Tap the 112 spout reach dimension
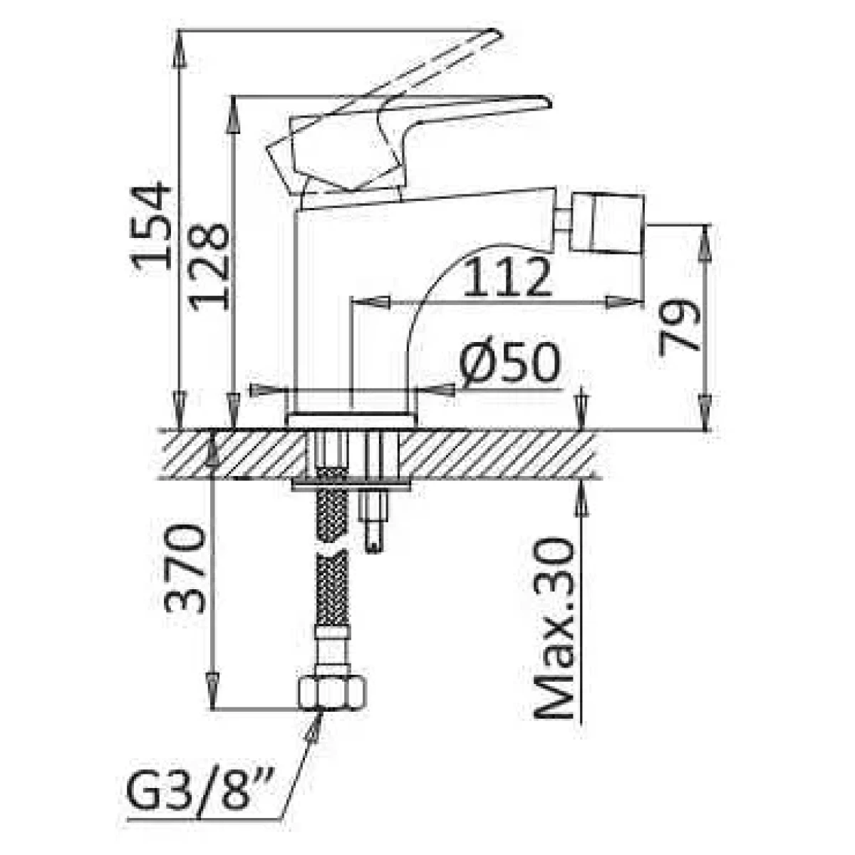507,277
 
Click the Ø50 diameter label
510,363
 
